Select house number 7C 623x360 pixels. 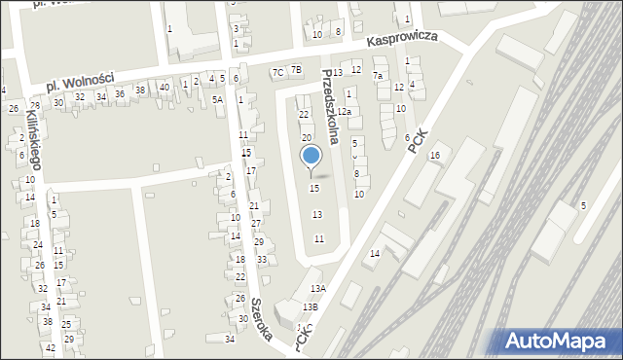(277, 72)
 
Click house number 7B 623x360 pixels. (296, 69)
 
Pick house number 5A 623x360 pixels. (218, 99)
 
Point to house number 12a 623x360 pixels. (344, 112)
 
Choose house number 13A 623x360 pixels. (318, 289)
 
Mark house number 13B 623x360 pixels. (310, 307)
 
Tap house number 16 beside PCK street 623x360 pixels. (435, 156)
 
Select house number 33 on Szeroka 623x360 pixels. (262, 260)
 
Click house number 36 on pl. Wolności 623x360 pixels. (120, 93)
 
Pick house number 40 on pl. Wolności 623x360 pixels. (165, 88)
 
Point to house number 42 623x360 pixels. (51, 347)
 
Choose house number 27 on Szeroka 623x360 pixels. (256, 224)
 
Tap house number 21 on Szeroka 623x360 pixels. (254, 206)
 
